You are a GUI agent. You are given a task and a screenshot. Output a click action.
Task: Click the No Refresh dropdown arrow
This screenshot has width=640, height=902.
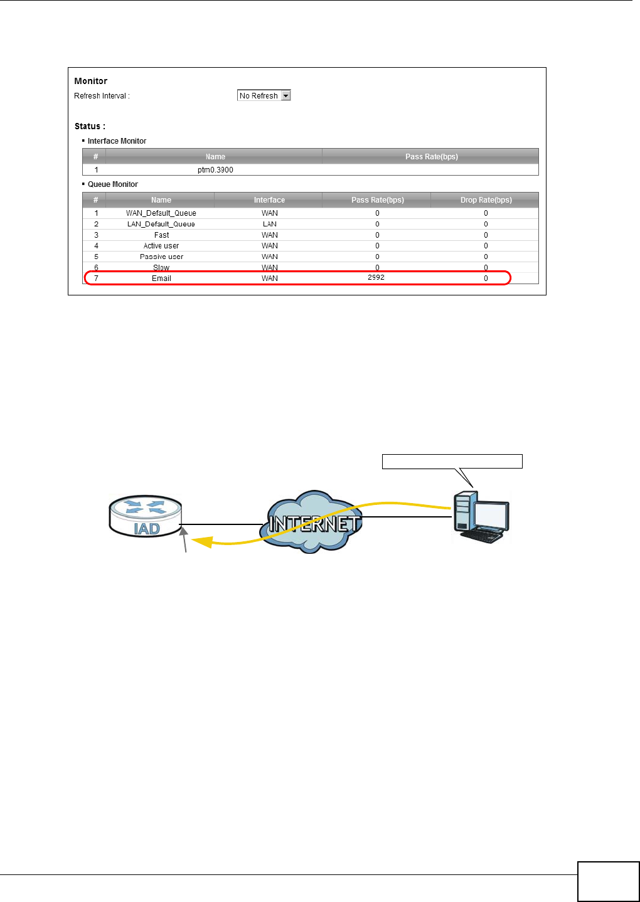tap(286, 96)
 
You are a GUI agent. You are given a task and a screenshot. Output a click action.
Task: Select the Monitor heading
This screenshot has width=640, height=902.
tap(91, 81)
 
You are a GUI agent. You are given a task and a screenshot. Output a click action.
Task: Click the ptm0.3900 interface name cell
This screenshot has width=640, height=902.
tap(215, 170)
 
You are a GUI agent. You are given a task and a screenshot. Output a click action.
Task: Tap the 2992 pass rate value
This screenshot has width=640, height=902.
tap(376, 277)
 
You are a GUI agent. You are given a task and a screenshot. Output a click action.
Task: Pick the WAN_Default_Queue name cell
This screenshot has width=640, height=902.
tap(161, 213)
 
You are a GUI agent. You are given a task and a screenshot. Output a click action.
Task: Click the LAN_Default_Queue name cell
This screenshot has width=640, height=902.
tap(161, 224)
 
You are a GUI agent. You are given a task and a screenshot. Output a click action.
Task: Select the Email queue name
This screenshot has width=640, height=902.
tap(161, 279)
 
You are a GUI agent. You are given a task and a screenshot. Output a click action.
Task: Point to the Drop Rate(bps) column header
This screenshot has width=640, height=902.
tap(486, 200)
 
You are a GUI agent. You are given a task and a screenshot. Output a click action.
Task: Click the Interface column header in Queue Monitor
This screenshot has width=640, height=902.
tap(269, 200)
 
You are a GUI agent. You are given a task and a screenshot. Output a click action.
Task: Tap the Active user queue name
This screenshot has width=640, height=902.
tap(161, 246)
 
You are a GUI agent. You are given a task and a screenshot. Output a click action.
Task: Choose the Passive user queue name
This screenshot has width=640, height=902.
tap(161, 257)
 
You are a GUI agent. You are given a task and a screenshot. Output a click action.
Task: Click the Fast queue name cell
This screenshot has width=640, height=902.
tap(161, 235)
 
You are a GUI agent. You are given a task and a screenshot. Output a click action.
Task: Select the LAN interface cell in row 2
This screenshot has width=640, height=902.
tap(270, 224)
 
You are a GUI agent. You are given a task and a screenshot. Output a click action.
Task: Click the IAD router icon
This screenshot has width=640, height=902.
tap(146, 517)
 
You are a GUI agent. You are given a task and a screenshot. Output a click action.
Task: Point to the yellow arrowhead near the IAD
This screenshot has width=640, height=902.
tap(201, 541)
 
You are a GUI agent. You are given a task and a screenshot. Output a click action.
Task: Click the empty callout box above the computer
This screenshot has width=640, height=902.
tap(452, 462)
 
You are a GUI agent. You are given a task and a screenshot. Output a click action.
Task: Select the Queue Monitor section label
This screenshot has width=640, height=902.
tap(113, 184)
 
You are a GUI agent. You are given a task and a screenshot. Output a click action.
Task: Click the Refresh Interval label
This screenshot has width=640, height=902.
tap(102, 96)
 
